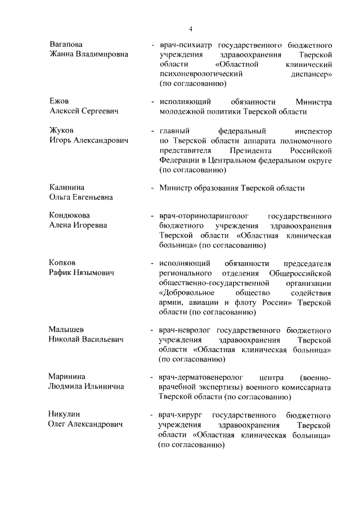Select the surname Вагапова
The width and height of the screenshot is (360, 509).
point(66,44)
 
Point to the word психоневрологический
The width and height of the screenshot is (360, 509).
point(201,74)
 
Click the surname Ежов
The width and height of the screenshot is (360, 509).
point(59,102)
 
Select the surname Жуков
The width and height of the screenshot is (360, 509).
point(62,131)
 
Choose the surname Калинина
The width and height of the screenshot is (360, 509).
point(70,187)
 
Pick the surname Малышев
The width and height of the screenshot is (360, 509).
point(69,330)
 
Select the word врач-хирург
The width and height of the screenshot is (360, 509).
point(179,416)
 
